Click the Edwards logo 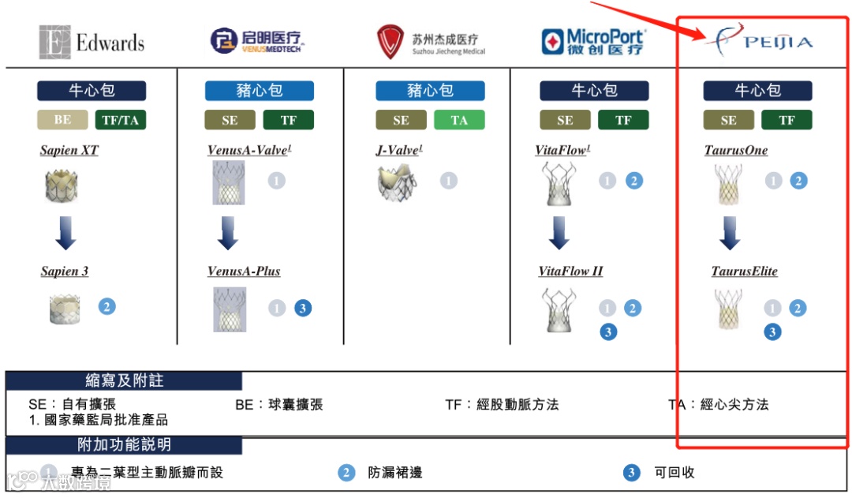point(92,42)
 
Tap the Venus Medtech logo point(257,40)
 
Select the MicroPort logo point(593,41)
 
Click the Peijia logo point(758,40)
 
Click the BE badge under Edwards point(62,121)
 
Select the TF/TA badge point(120,121)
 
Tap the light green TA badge point(459,121)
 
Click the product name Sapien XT point(69,150)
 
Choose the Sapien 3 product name point(65,271)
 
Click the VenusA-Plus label point(244,271)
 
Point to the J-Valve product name point(399,150)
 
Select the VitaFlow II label point(570,271)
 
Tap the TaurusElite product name point(744,271)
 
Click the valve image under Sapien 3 point(65,309)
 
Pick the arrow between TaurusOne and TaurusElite point(730,233)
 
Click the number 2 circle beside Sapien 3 point(106,306)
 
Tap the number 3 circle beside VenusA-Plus point(302,309)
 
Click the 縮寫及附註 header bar point(124,380)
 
